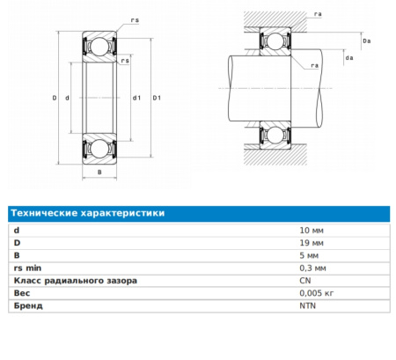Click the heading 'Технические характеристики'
(x=88, y=213)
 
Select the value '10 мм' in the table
(x=312, y=231)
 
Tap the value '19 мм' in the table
(x=312, y=243)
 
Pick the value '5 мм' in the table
(x=309, y=255)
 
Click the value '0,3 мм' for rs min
(x=312, y=268)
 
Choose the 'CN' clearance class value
(x=305, y=281)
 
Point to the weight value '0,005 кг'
(x=317, y=293)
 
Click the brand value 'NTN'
(x=308, y=305)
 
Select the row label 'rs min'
(x=27, y=268)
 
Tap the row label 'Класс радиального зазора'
(x=76, y=281)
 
